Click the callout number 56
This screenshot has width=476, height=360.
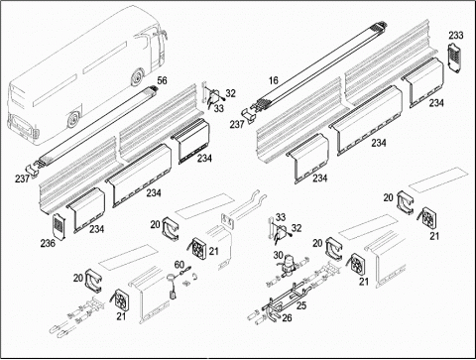[x=162, y=80]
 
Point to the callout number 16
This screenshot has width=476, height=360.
[x=274, y=80]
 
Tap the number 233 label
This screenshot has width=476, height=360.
[x=456, y=35]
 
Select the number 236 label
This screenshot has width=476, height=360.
[x=48, y=243]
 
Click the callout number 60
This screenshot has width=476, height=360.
[x=179, y=265]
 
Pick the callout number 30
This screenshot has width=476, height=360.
[x=279, y=255]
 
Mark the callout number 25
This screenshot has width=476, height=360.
[x=301, y=305]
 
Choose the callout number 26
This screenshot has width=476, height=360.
[x=287, y=318]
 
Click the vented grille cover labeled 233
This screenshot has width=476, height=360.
[x=455, y=58]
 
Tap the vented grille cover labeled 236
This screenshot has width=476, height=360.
[x=59, y=226]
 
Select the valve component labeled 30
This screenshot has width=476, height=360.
[x=287, y=264]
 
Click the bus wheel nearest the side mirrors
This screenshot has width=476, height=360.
[x=136, y=77]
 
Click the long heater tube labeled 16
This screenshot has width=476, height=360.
[x=319, y=62]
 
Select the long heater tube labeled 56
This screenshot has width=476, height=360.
[x=96, y=126]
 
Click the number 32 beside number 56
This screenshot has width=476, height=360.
[x=231, y=93]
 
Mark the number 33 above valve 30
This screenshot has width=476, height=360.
[x=281, y=217]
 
